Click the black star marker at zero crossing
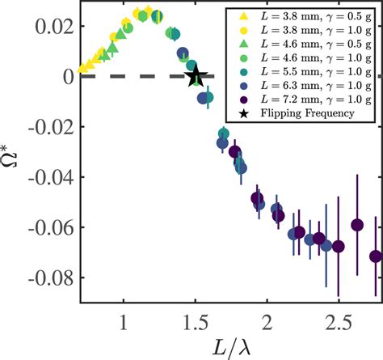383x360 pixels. pos(195,78)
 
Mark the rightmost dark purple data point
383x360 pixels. pos(376,256)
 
